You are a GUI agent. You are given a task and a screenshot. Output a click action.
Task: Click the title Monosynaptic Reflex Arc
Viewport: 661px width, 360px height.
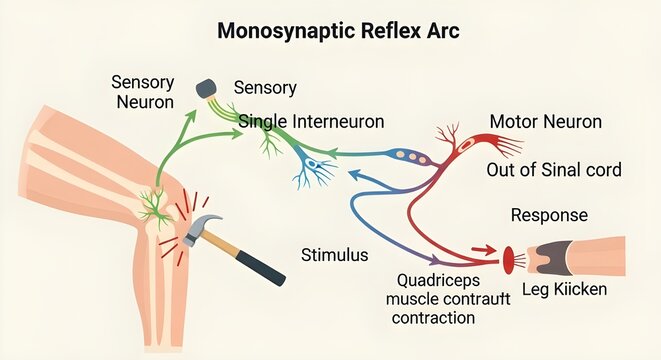(x=338, y=31)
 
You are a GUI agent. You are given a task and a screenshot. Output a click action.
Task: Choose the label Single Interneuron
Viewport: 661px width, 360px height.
(x=312, y=122)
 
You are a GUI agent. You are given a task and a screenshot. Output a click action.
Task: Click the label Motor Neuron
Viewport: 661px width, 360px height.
(x=545, y=122)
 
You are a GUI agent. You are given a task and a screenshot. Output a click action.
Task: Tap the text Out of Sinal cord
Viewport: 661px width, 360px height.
(x=553, y=170)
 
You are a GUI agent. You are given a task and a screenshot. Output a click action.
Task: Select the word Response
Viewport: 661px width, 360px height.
(x=549, y=215)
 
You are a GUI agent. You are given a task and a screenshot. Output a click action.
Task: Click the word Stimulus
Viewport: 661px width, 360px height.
(x=334, y=255)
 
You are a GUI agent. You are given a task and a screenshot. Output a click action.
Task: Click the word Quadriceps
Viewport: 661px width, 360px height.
(x=435, y=281)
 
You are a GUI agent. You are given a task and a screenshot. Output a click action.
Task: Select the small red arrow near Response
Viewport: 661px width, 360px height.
(x=483, y=251)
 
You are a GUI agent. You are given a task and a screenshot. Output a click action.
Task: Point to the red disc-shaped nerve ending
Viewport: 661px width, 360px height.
(x=509, y=260)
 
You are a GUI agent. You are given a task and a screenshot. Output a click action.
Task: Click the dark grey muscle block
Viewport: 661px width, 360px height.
(x=545, y=258)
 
